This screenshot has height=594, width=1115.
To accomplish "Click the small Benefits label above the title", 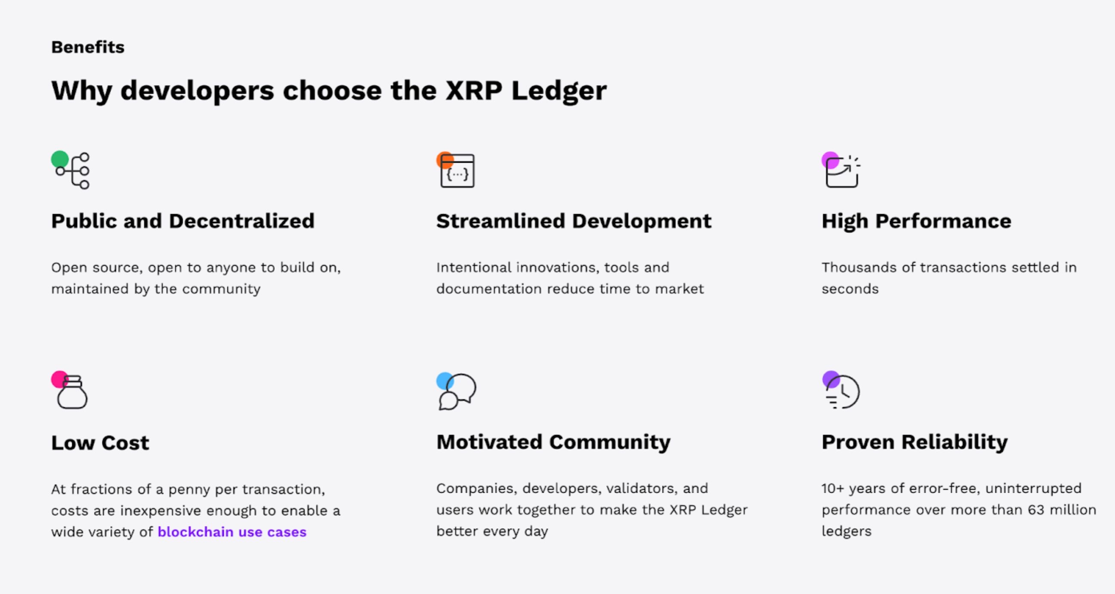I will tap(88, 47).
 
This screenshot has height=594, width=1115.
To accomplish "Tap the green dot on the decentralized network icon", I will tap(60, 159).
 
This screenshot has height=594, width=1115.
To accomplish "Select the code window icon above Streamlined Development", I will tap(457, 171).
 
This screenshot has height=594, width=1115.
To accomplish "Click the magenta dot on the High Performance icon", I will tap(830, 160).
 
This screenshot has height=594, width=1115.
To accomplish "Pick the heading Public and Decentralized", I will tap(183, 221).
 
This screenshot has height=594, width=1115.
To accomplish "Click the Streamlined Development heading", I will tap(573, 221).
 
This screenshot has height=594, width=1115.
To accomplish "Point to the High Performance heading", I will tap(916, 221).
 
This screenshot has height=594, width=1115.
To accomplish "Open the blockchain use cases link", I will tap(232, 532).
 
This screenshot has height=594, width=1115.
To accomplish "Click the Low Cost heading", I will tap(100, 442).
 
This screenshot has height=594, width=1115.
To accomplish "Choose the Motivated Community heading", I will tap(553, 442).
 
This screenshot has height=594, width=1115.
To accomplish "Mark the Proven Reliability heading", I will tap(914, 442).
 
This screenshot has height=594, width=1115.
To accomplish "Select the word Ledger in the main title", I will tap(559, 91).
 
